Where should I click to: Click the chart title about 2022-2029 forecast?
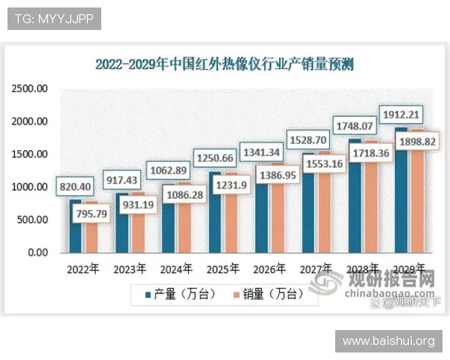point(224,64)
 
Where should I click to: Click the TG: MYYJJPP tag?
point(53,19)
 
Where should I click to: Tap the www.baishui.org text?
point(388,341)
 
